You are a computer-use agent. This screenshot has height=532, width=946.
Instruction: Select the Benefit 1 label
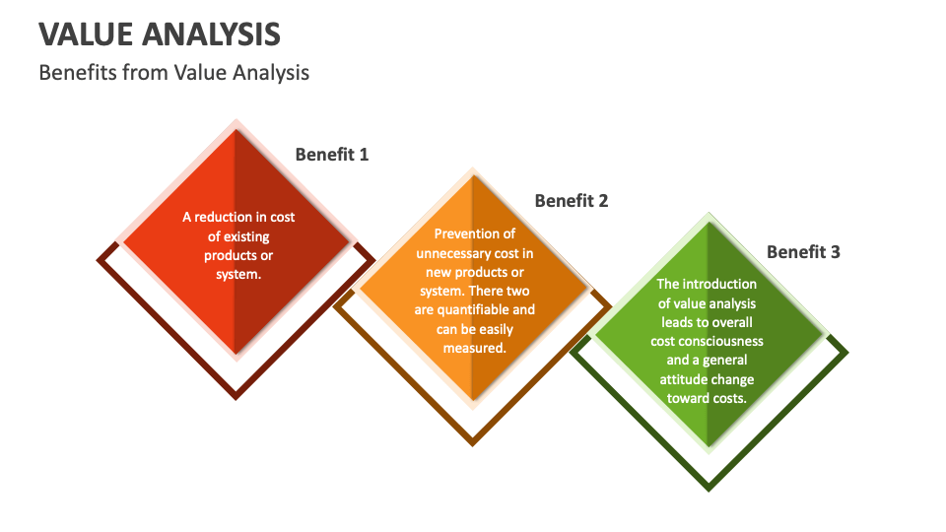(332, 154)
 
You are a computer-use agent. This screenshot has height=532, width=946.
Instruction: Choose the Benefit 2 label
(572, 201)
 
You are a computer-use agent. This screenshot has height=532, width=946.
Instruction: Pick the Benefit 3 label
(803, 251)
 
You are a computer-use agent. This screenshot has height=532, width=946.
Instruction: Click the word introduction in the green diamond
(716, 284)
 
